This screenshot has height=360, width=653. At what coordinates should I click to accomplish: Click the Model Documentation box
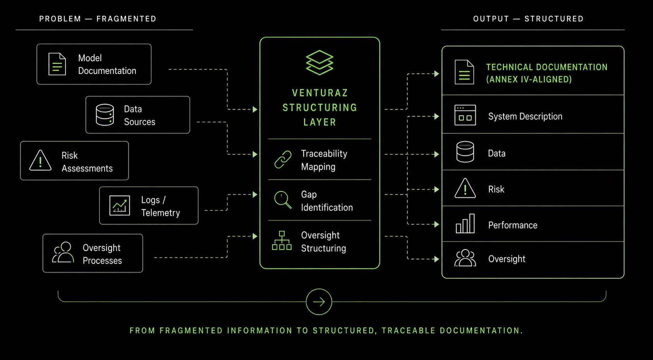point(94,64)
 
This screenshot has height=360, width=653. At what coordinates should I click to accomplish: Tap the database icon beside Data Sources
point(105,115)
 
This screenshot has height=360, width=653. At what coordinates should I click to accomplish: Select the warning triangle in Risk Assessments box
point(41,160)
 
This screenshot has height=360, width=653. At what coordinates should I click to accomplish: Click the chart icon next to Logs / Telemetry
point(120,206)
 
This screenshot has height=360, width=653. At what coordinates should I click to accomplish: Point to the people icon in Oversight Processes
point(63,253)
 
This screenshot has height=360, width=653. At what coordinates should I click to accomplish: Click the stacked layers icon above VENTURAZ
point(320,63)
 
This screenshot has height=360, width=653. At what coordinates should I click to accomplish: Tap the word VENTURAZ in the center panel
point(320,93)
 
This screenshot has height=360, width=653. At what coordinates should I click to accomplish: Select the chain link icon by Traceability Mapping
point(283,160)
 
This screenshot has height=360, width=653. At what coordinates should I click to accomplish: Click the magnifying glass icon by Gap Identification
point(283,200)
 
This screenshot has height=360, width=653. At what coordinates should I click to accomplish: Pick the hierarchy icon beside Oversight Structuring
point(282,241)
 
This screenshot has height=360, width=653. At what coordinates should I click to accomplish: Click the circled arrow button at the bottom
point(319,301)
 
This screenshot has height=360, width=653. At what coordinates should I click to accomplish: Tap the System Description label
point(525,116)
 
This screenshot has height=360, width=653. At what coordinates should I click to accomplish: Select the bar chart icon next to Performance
point(465,224)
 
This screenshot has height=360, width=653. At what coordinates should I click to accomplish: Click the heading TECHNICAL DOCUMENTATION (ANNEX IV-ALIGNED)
point(547,73)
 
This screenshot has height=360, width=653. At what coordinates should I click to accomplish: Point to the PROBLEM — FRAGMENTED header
point(98,19)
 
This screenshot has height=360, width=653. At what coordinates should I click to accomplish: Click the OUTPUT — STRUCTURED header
point(529,19)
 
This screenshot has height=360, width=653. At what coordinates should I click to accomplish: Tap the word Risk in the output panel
point(496,189)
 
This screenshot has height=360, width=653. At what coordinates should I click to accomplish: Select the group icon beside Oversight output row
point(465,258)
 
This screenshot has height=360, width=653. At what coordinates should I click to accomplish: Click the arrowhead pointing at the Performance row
point(437,224)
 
